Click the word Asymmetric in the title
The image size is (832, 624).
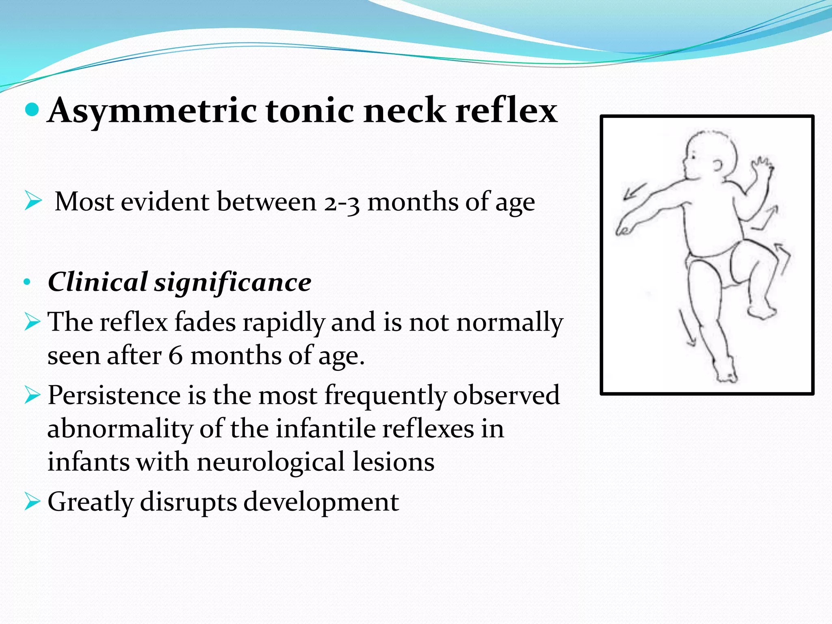(x=152, y=110)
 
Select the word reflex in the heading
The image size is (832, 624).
(x=506, y=110)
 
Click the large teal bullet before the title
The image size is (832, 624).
(x=32, y=109)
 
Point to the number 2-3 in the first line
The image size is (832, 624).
(x=342, y=202)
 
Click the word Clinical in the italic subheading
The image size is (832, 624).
(x=97, y=282)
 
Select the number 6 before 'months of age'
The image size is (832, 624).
(x=175, y=355)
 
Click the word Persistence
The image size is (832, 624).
(x=114, y=395)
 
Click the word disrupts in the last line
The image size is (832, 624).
(x=188, y=501)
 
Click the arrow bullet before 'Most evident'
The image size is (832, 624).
(x=33, y=201)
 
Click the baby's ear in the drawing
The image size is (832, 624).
(x=718, y=165)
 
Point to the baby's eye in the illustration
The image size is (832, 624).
(x=694, y=155)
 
